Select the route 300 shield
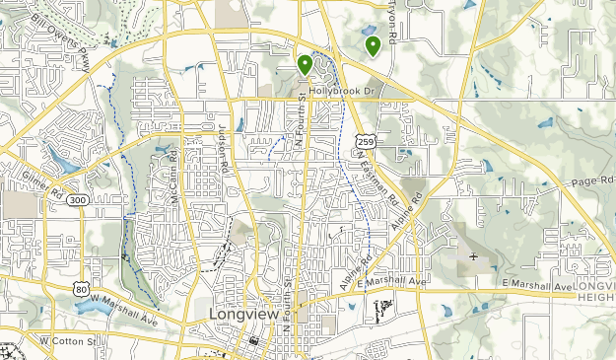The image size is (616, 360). point(78,200)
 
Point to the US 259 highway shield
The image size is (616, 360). point(365,143)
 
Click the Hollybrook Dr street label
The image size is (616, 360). point(343,92)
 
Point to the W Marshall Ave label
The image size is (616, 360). point(125,306)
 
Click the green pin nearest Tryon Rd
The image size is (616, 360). point(373,45)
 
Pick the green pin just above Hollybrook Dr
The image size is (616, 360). point(306,65)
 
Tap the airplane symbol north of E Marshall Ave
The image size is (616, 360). point(473,257)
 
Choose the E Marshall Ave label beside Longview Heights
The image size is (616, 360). point(537,287)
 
